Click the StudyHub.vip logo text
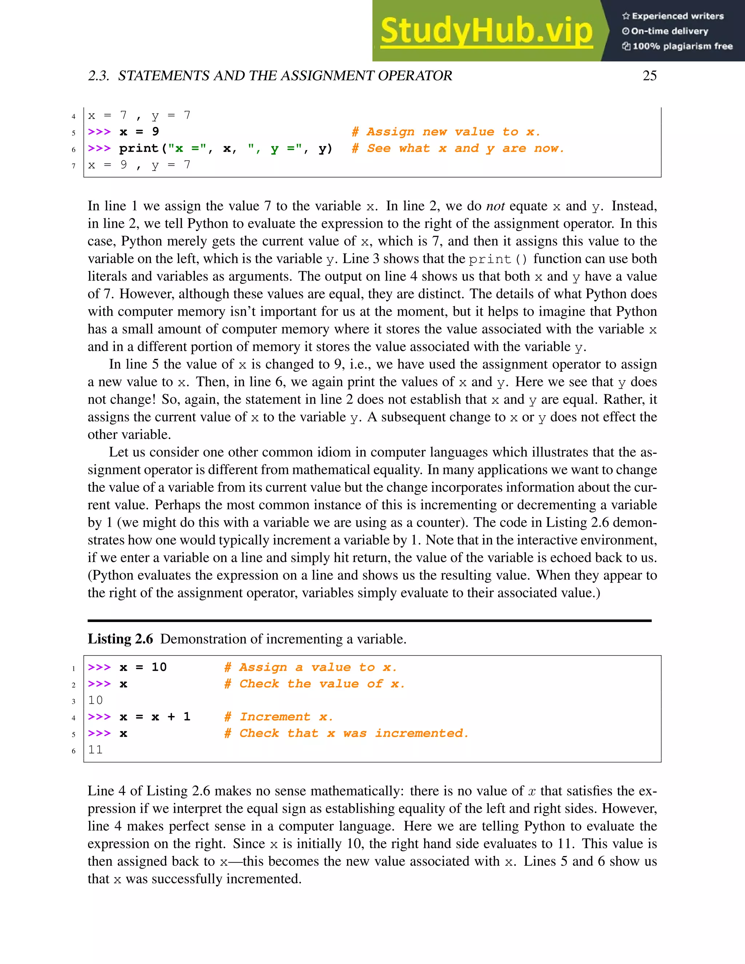[x=486, y=31]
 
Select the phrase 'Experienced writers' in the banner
[x=677, y=16]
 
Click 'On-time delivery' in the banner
[x=669, y=31]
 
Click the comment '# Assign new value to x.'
[x=446, y=132]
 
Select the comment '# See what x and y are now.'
[x=458, y=148]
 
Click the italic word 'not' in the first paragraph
[x=495, y=206]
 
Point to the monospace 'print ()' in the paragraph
[x=498, y=259]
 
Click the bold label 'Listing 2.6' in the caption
[x=120, y=639]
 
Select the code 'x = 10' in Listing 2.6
[x=143, y=667]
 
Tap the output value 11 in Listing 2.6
[x=95, y=749]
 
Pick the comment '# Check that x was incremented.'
[x=346, y=733]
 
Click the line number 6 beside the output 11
[x=74, y=751]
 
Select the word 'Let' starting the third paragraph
[x=118, y=452]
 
